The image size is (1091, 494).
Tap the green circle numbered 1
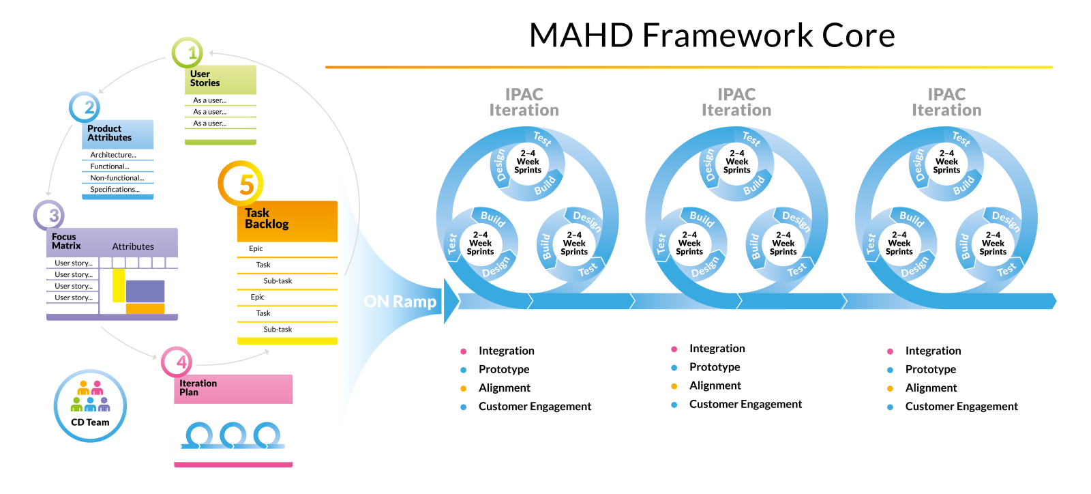(188, 53)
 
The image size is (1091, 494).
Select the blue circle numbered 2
(85, 107)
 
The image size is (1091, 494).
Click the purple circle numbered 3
(49, 216)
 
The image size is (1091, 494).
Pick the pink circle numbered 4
(177, 362)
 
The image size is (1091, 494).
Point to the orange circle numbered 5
(241, 184)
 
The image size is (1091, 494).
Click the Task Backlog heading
(267, 218)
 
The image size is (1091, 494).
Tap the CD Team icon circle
(90, 406)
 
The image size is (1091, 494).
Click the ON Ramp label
(400, 302)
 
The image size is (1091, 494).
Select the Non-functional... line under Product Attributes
(117, 178)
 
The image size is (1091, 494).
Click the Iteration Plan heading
(198, 388)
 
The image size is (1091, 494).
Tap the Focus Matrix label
(66, 242)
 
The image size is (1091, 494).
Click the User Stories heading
(205, 78)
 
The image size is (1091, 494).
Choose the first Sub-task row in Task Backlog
(278, 281)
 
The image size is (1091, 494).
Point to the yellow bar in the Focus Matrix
(119, 285)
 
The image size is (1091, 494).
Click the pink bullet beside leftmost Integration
(464, 351)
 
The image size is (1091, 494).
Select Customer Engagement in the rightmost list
(961, 407)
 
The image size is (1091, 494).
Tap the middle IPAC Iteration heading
(736, 102)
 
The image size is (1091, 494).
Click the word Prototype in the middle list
(714, 367)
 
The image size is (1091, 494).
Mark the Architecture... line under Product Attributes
(113, 155)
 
